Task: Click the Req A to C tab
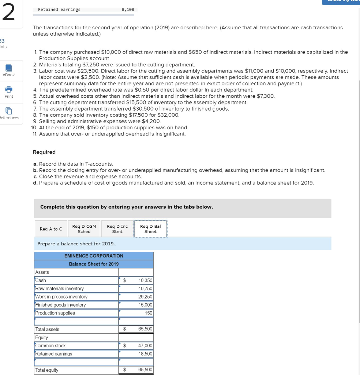click(50, 229)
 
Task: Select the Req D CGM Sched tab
click(84, 229)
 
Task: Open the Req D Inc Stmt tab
click(117, 229)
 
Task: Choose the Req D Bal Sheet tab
click(150, 229)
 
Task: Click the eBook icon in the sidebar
click(8, 68)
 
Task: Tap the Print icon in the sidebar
click(8, 90)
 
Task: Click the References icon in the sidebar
click(8, 111)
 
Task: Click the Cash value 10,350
click(145, 281)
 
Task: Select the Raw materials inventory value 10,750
click(145, 289)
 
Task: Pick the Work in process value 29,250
click(145, 297)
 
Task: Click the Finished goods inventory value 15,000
click(145, 305)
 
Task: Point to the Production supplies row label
click(55, 313)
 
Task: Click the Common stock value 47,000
click(145, 346)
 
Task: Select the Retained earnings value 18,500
click(145, 354)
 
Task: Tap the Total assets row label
click(47, 330)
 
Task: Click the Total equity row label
click(46, 370)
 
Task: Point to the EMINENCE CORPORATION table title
click(94, 256)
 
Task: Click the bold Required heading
click(44, 152)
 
